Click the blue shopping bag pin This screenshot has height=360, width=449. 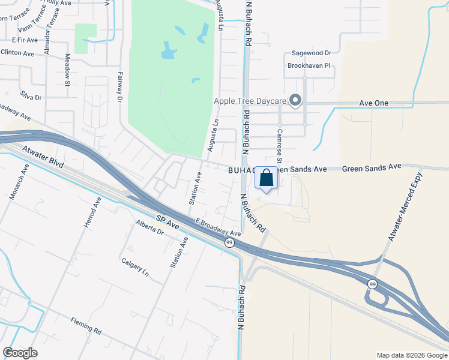[x=267, y=178]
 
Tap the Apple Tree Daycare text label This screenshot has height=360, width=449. [x=250, y=101]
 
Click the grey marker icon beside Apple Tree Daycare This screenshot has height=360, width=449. [x=295, y=101]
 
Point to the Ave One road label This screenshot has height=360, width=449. [x=373, y=103]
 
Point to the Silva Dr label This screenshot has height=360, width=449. [x=30, y=97]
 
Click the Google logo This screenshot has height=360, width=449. [x=20, y=352]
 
